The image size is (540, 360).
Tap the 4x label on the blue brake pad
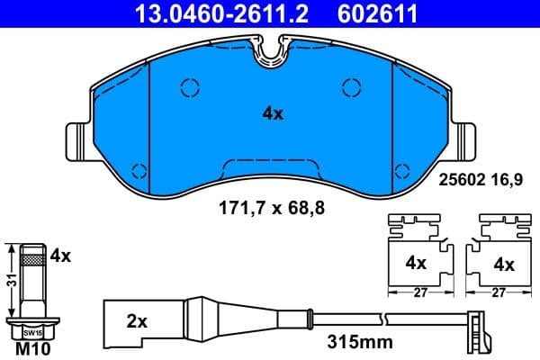(272, 113)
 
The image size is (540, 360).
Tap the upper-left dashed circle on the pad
(190, 87)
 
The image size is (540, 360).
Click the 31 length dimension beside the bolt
(8, 281)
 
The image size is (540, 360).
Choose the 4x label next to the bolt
(60, 255)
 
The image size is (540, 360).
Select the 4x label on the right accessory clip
(505, 265)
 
